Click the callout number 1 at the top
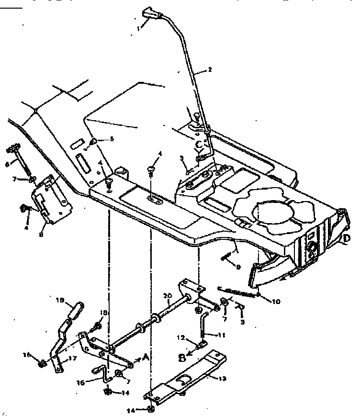(138, 28)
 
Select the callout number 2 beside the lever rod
(209, 69)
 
